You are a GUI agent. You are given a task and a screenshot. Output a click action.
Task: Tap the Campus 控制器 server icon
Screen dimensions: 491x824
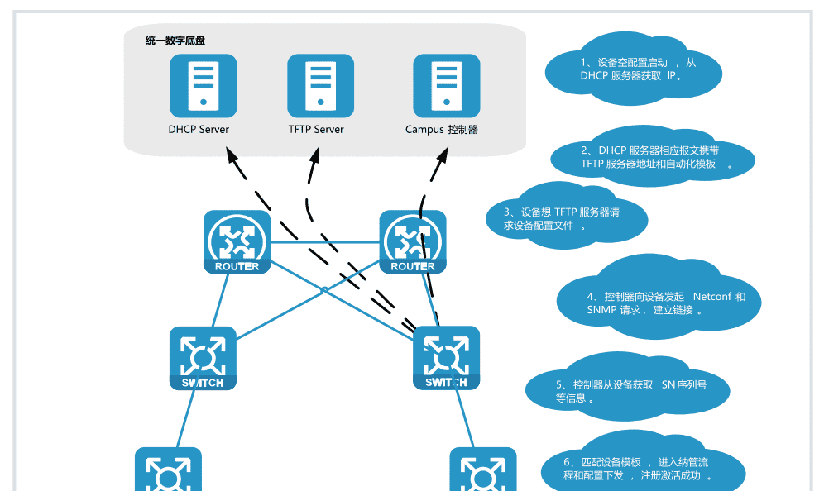[x=446, y=85]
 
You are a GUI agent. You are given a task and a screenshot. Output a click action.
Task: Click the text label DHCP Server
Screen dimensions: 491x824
[x=199, y=130]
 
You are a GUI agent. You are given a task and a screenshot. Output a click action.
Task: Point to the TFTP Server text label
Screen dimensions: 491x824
[x=316, y=130]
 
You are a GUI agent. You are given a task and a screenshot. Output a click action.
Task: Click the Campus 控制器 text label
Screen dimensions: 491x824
[x=442, y=130]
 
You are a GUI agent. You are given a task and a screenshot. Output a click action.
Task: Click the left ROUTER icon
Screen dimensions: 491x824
[x=237, y=241]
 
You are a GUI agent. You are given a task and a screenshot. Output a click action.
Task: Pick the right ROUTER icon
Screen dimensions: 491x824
[x=412, y=241]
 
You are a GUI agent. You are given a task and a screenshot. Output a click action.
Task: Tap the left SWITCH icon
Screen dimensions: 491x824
[x=203, y=358]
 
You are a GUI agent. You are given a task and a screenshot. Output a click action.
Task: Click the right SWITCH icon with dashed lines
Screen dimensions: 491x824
[x=446, y=358]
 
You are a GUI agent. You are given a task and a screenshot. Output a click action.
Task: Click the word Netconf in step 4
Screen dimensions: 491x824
[x=711, y=296]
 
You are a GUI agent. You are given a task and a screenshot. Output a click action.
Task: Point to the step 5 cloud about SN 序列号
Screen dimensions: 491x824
[x=629, y=391]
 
